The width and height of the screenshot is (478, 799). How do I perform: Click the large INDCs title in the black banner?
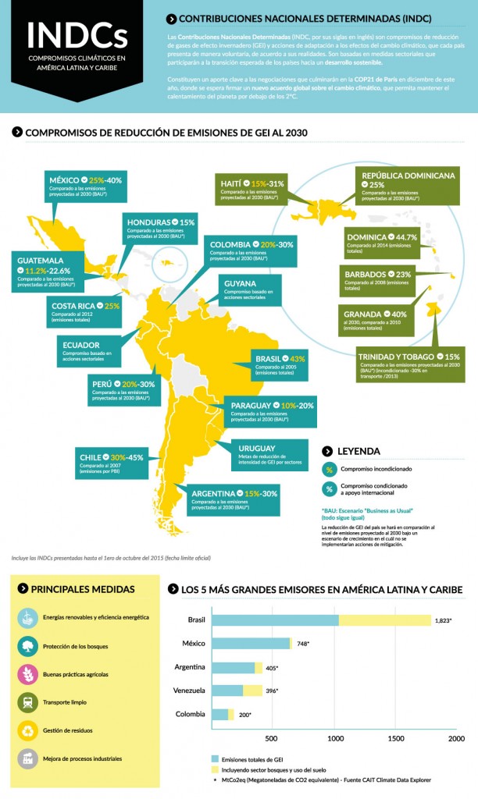(x=77, y=35)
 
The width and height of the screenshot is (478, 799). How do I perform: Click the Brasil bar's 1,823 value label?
(x=445, y=620)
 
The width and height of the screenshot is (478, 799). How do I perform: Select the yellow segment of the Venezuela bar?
(x=252, y=691)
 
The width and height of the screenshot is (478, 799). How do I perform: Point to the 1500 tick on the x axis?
(x=395, y=738)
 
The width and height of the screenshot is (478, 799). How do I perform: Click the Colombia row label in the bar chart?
(x=191, y=714)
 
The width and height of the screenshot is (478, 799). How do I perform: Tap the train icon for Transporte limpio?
(x=28, y=702)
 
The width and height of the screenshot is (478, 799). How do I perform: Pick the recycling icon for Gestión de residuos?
(x=28, y=730)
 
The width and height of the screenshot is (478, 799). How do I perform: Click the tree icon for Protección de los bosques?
(x=28, y=645)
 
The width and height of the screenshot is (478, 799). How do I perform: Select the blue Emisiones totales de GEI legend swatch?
(x=216, y=758)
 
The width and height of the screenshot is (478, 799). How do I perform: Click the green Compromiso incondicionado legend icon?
(x=330, y=470)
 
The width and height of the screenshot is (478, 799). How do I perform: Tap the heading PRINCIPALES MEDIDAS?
(x=82, y=589)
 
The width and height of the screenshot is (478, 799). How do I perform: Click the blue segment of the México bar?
(x=250, y=644)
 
